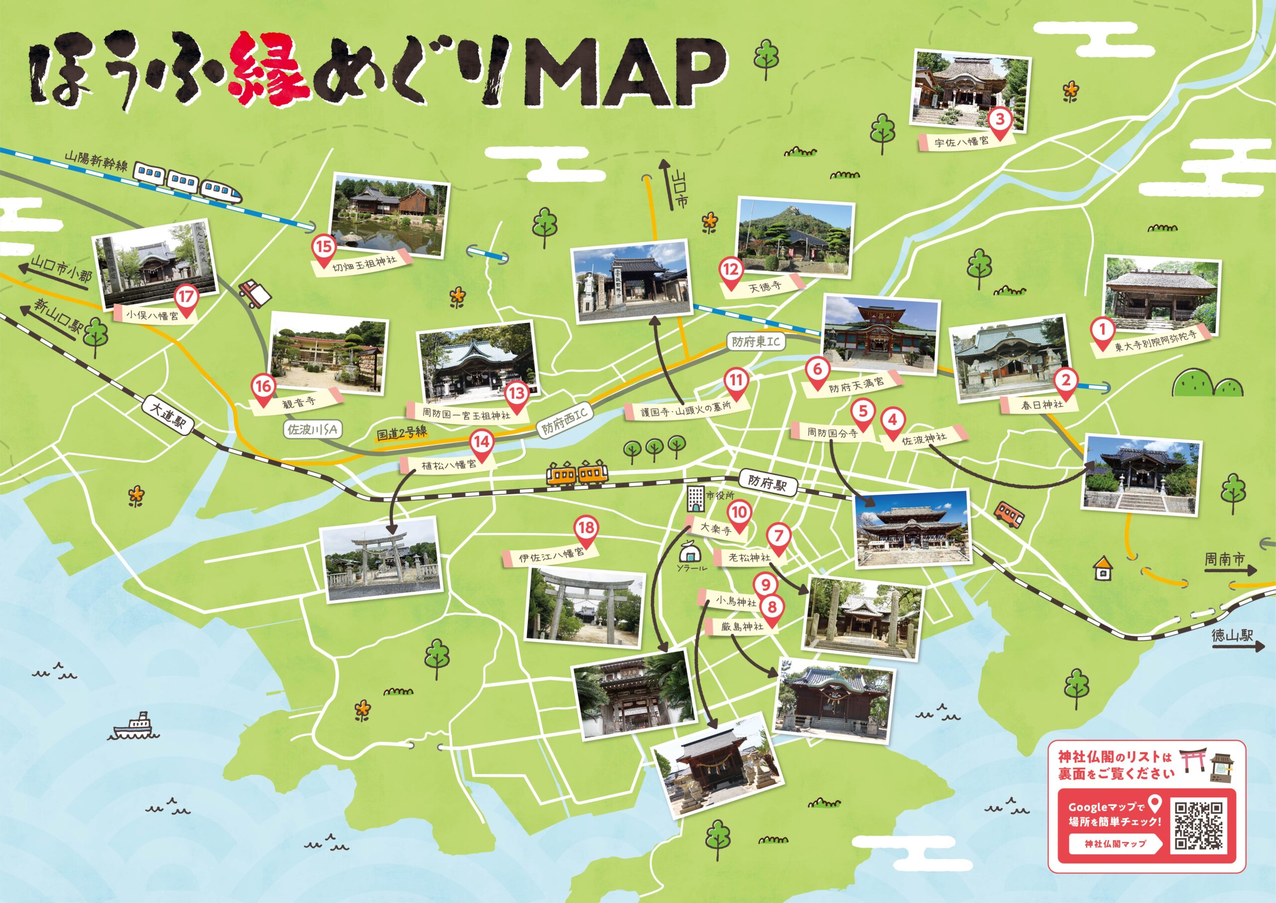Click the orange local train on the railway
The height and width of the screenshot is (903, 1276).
[x=577, y=474]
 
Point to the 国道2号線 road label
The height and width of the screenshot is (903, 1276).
[x=401, y=434]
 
